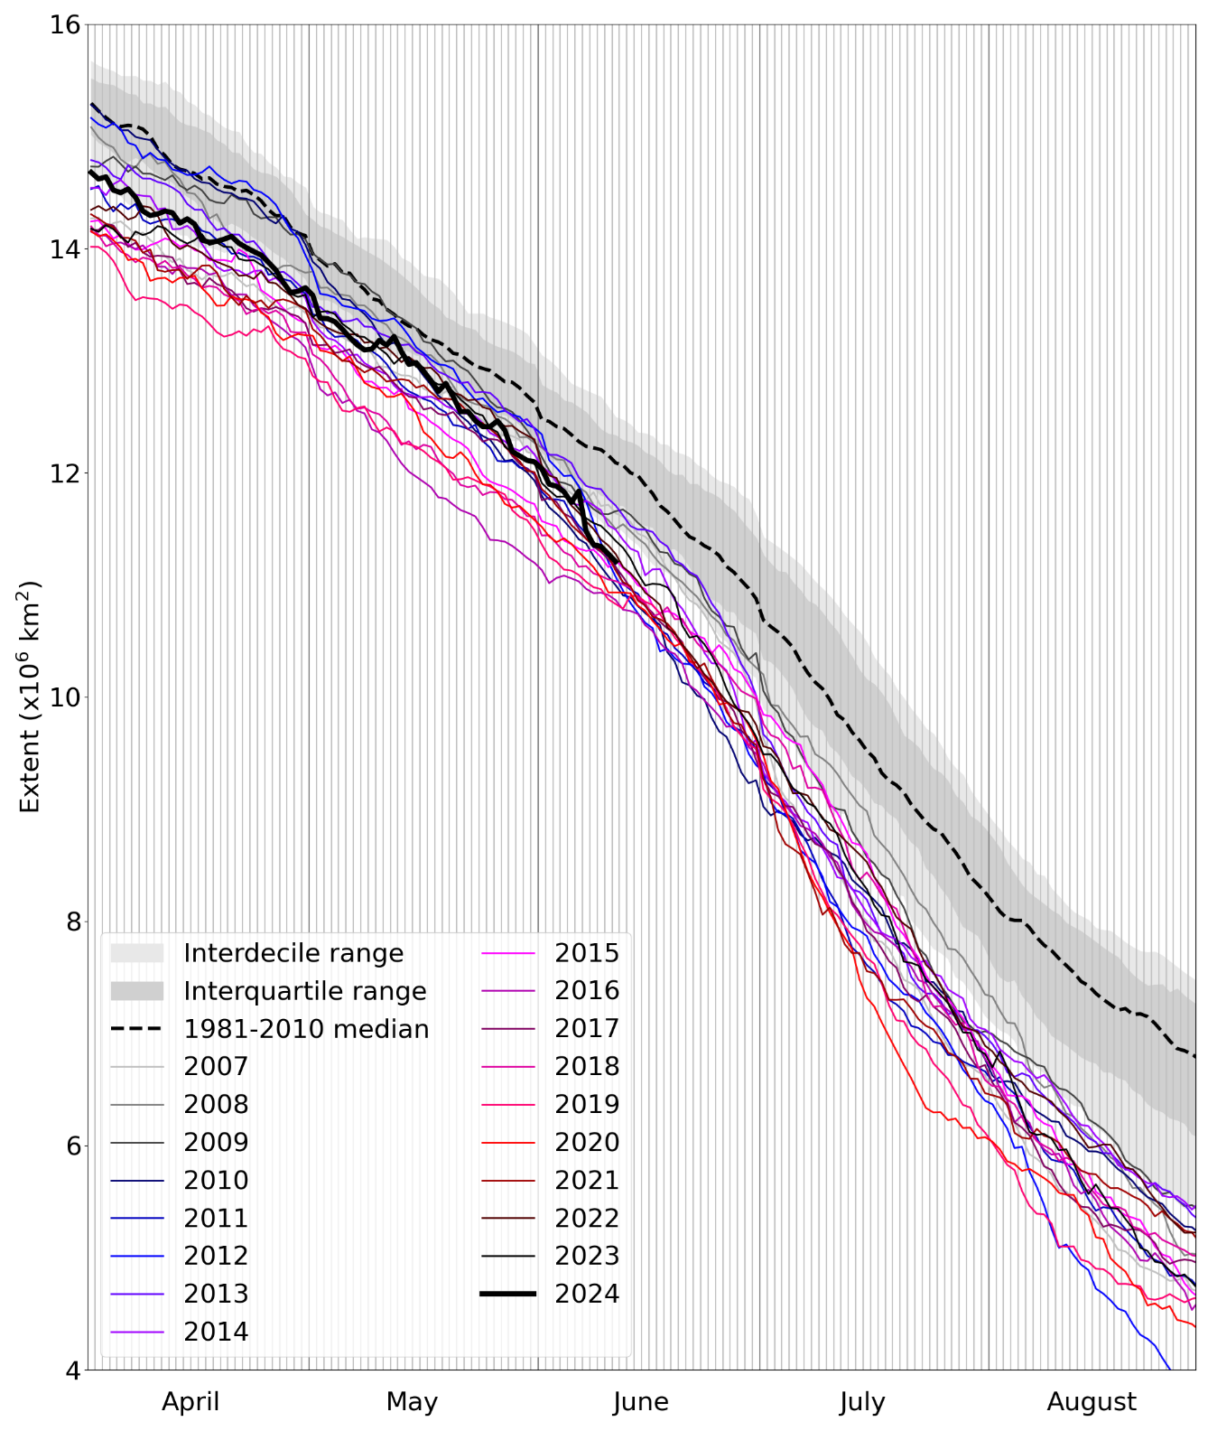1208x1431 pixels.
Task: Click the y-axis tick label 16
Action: (x=64, y=25)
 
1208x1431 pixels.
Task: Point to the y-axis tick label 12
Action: (x=64, y=473)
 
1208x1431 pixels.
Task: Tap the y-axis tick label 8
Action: (x=71, y=921)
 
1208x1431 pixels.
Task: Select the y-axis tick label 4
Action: (x=71, y=1370)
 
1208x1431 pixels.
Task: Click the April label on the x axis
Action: (x=190, y=1401)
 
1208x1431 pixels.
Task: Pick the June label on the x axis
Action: (x=641, y=1401)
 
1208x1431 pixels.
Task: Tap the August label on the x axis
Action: (x=1092, y=1401)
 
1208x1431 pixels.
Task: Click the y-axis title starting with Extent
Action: (x=30, y=697)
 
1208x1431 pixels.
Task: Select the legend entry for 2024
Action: (x=587, y=1294)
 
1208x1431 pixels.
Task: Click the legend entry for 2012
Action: (x=216, y=1256)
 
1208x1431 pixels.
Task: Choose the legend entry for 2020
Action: (x=587, y=1142)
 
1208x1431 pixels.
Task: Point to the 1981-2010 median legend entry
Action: (x=306, y=1029)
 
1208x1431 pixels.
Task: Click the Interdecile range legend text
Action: (x=293, y=953)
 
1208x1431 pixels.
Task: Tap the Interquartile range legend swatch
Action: (x=137, y=991)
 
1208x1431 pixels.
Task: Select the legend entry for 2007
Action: (x=216, y=1066)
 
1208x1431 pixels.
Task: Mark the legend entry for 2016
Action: (x=587, y=990)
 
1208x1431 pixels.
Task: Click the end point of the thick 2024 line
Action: (x=618, y=562)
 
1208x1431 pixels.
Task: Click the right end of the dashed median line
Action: (x=1195, y=1056)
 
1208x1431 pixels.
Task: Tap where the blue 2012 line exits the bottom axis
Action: (x=1170, y=1369)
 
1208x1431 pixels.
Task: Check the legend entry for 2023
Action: (x=587, y=1256)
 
